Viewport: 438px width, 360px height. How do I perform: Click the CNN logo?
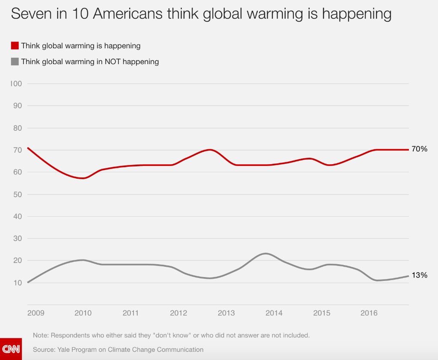[x=11, y=349]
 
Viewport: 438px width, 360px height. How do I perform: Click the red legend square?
[x=15, y=46]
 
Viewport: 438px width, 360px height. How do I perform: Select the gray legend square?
[x=15, y=62]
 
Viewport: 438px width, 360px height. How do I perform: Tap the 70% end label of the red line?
[x=419, y=149]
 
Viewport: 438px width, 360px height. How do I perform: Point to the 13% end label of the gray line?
[x=419, y=275]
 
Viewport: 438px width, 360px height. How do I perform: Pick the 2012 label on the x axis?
[x=178, y=313]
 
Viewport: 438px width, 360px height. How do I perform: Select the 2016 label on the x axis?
[x=369, y=313]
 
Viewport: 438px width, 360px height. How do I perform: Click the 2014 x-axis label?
[x=274, y=313]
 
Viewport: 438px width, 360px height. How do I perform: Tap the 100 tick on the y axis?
[x=16, y=83]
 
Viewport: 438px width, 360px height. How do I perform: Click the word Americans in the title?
[x=127, y=14]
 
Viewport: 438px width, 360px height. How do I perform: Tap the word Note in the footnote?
[x=41, y=335]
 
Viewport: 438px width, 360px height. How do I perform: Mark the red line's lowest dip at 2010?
[x=83, y=178]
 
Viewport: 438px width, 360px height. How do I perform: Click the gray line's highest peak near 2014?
[x=265, y=254]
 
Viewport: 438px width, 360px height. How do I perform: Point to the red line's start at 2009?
[x=28, y=148]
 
